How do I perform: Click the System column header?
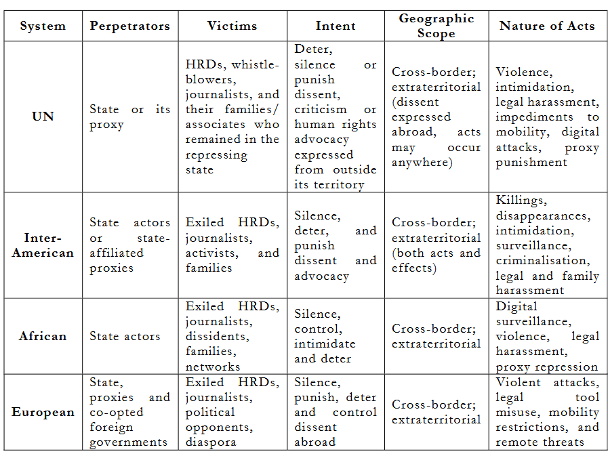click(43, 26)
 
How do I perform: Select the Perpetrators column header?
click(130, 26)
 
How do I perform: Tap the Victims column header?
click(232, 26)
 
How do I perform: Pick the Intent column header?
click(335, 26)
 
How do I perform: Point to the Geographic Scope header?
click(436, 26)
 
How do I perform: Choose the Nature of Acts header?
click(547, 26)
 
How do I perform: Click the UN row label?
click(43, 117)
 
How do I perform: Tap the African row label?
click(43, 336)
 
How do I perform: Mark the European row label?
click(43, 412)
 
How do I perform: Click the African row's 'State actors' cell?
click(125, 336)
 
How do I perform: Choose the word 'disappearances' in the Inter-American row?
click(543, 215)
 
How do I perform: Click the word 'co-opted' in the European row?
click(117, 412)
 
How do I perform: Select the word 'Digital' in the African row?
click(516, 306)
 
